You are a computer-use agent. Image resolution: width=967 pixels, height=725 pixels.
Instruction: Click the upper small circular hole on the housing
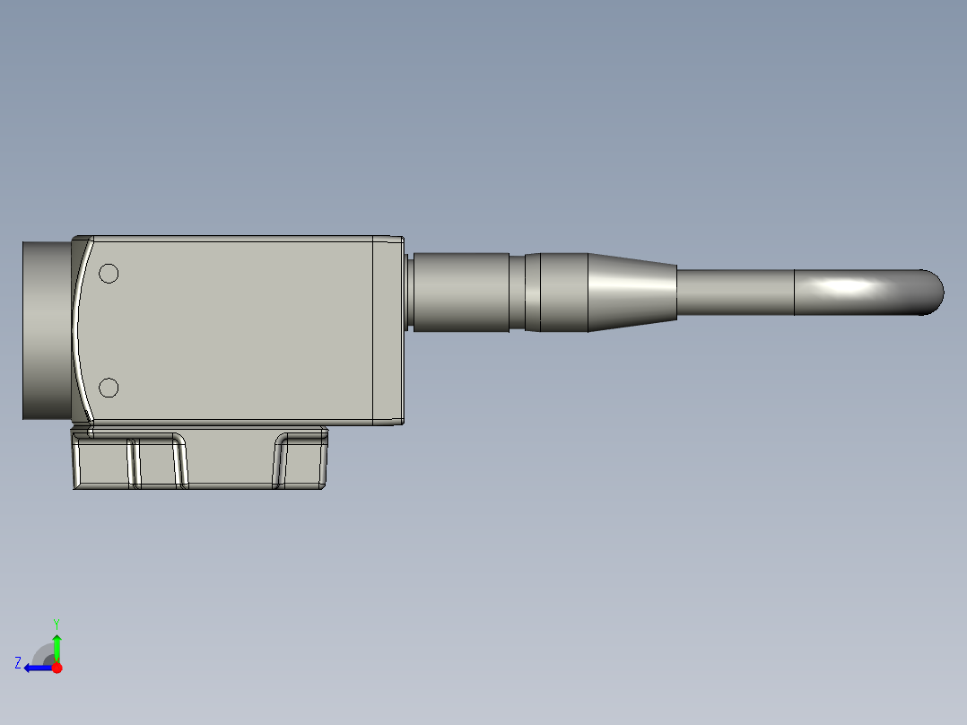point(109,274)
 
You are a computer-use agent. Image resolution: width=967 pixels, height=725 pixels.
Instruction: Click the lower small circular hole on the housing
point(109,388)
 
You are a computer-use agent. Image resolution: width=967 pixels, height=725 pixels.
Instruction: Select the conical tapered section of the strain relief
point(631,292)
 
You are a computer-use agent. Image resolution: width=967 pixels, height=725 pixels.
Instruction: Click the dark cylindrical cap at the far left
point(46,329)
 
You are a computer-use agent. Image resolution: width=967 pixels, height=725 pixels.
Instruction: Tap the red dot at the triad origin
point(57,668)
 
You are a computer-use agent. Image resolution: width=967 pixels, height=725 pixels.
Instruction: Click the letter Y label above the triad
point(56,623)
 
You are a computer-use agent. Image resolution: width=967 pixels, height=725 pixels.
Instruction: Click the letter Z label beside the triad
point(17,662)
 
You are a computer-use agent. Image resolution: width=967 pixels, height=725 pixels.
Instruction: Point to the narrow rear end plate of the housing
point(388,329)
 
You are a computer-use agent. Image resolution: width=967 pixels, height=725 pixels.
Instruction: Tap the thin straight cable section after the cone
point(734,292)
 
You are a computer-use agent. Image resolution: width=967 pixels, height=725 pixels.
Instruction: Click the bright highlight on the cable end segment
point(848,287)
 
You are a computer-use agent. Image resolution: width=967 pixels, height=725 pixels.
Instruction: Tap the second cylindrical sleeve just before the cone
point(563,292)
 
